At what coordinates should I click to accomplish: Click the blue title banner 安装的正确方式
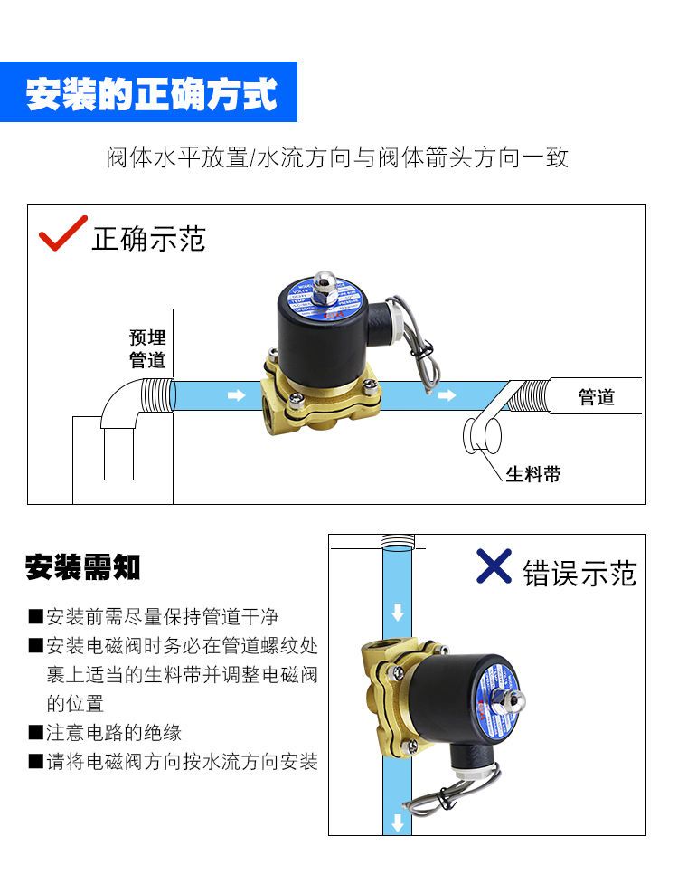pyautogui.click(x=149, y=93)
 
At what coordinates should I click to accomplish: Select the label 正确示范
pyautogui.click(x=149, y=238)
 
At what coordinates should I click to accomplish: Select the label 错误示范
pyautogui.click(x=579, y=573)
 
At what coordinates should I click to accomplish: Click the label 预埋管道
pyautogui.click(x=147, y=348)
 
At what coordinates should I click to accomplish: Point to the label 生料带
pyautogui.click(x=533, y=474)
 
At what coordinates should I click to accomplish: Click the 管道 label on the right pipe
pyautogui.click(x=596, y=396)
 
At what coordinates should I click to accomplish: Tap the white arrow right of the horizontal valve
pyautogui.click(x=446, y=395)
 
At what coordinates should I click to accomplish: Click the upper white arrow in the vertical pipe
pyautogui.click(x=396, y=613)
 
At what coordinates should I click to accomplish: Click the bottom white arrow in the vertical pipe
pyautogui.click(x=396, y=822)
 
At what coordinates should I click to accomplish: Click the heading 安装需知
pyautogui.click(x=82, y=567)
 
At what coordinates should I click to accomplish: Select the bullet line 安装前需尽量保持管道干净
pyautogui.click(x=162, y=617)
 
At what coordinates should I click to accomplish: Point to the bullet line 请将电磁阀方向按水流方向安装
pyautogui.click(x=182, y=762)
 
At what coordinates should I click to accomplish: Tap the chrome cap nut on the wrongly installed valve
pyautogui.click(x=517, y=701)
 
